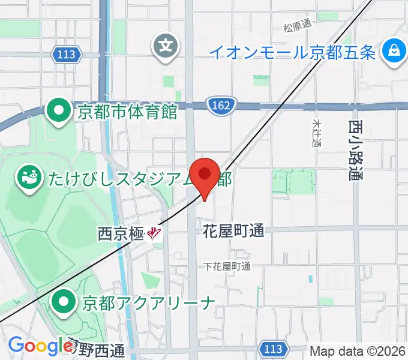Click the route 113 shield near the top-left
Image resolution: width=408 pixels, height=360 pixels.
[66, 55]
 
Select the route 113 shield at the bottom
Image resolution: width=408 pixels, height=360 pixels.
[273, 348]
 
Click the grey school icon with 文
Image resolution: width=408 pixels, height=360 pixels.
[167, 45]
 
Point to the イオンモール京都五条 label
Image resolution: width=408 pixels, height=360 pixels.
[292, 52]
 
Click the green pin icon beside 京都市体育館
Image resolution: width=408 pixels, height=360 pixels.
[59, 111]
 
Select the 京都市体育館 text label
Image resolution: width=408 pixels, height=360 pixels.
[127, 112]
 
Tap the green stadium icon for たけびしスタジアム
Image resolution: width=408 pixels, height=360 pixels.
[28, 178]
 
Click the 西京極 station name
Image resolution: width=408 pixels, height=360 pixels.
[120, 233]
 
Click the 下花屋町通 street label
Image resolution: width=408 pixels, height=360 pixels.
[226, 266]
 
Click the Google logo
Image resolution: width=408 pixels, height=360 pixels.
[41, 346]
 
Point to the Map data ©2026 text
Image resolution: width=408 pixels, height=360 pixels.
[358, 351]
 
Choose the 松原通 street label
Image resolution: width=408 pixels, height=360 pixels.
[298, 26]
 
